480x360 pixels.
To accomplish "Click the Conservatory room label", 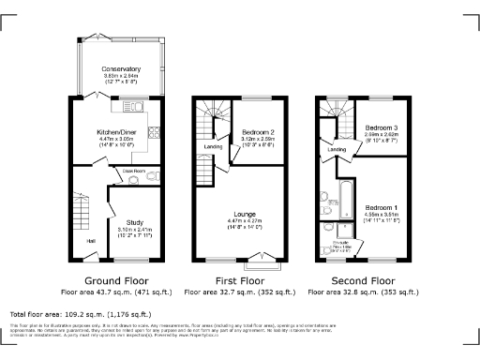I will [x=122, y=69].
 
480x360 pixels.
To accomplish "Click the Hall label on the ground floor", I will [x=91, y=241].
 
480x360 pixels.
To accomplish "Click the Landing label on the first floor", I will [x=214, y=147].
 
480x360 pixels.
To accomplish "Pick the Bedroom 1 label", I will [x=382, y=206].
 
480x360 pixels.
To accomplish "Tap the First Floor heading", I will [x=245, y=279].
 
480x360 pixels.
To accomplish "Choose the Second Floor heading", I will [x=367, y=279].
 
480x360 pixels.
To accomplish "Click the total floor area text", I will [x=80, y=314].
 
